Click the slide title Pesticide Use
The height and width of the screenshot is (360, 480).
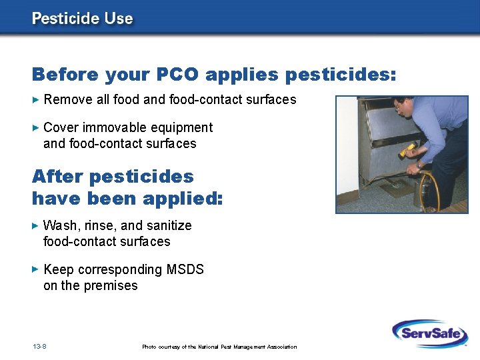click(x=82, y=18)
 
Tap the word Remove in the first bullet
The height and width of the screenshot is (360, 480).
click(x=64, y=100)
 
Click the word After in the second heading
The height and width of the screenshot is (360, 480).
click(x=57, y=177)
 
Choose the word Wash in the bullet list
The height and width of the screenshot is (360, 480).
click(x=59, y=225)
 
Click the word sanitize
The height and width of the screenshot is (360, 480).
click(x=167, y=225)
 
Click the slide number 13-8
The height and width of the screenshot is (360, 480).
click(x=39, y=346)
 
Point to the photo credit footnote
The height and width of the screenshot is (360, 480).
click(x=219, y=347)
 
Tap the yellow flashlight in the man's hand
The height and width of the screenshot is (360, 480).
click(x=407, y=150)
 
